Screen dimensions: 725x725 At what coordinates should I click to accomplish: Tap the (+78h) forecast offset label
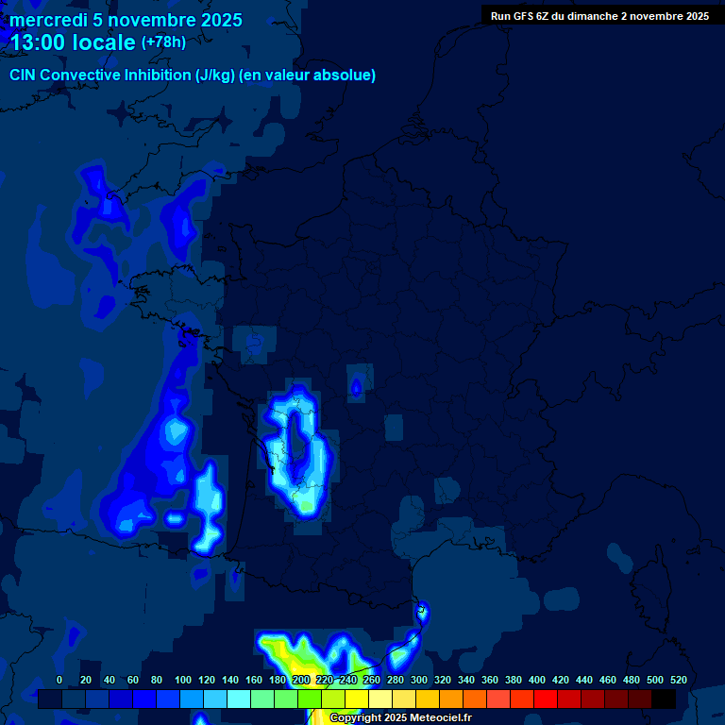163,42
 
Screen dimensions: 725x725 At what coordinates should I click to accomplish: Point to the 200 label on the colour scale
301,680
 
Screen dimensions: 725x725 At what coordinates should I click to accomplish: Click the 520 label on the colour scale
678,680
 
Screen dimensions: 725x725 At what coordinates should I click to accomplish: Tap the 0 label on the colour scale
59,680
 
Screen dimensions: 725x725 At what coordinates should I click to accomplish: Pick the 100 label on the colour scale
183,680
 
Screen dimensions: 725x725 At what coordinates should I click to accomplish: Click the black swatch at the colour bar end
664,700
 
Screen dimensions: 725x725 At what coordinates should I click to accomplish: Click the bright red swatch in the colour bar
546,700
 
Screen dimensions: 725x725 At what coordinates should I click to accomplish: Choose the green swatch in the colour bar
310,700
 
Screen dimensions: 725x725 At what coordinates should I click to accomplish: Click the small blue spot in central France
356,387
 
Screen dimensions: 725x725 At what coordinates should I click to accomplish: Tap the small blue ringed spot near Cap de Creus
422,613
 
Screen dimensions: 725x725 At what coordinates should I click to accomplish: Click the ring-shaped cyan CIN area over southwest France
297,453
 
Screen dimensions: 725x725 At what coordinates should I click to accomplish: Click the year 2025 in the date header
221,20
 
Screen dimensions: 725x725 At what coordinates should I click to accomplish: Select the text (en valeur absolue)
308,76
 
